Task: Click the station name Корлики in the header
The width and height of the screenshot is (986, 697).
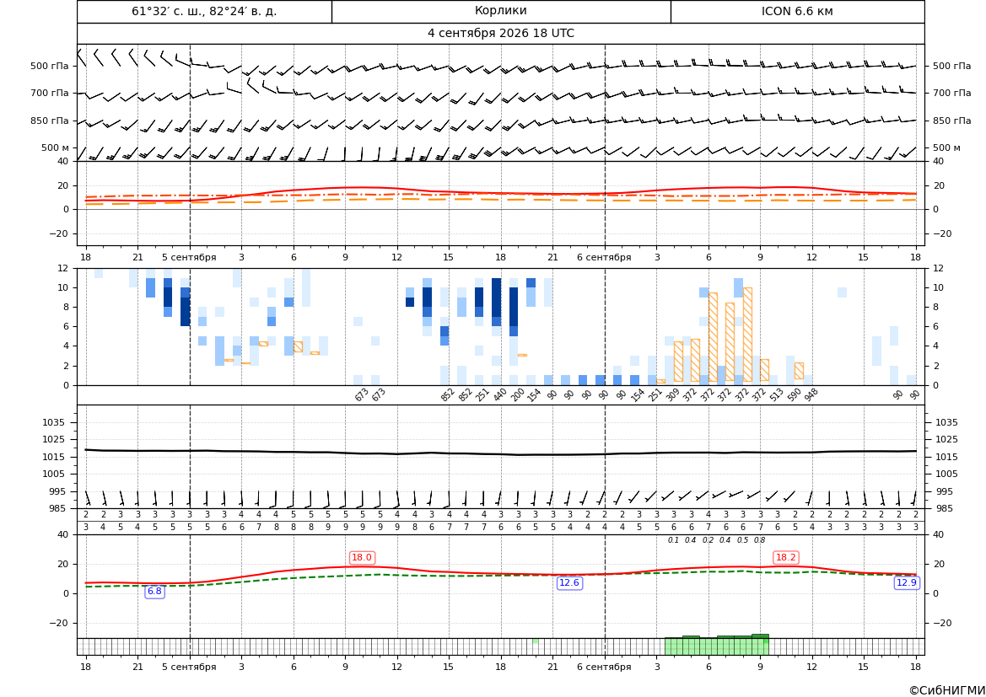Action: click(x=500, y=11)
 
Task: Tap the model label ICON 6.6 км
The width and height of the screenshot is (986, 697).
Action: click(x=797, y=11)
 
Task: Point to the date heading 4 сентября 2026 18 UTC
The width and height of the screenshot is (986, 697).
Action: click(x=500, y=34)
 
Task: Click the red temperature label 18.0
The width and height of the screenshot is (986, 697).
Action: click(x=362, y=557)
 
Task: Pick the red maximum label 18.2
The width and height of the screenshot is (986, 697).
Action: click(x=785, y=557)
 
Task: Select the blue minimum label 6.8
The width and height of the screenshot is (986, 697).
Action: click(x=154, y=592)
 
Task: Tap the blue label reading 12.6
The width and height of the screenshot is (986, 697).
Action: click(x=569, y=583)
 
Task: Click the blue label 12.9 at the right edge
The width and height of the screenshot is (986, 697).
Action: click(x=906, y=583)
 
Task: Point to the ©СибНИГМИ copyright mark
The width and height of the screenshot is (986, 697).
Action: click(x=947, y=690)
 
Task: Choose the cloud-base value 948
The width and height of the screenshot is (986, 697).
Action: click(x=811, y=394)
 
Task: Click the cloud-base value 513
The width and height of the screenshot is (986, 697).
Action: click(x=777, y=394)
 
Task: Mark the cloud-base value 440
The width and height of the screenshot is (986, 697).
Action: click(x=500, y=394)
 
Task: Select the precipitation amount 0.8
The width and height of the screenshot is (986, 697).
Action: click(x=760, y=540)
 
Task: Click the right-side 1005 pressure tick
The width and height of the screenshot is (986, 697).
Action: click(x=947, y=474)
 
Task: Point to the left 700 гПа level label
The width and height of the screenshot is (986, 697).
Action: click(x=50, y=93)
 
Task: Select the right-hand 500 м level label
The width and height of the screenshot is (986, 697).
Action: click(x=946, y=147)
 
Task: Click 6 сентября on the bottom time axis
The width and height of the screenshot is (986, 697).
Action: click(x=604, y=667)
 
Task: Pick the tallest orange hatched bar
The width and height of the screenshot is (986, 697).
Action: click(x=747, y=335)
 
